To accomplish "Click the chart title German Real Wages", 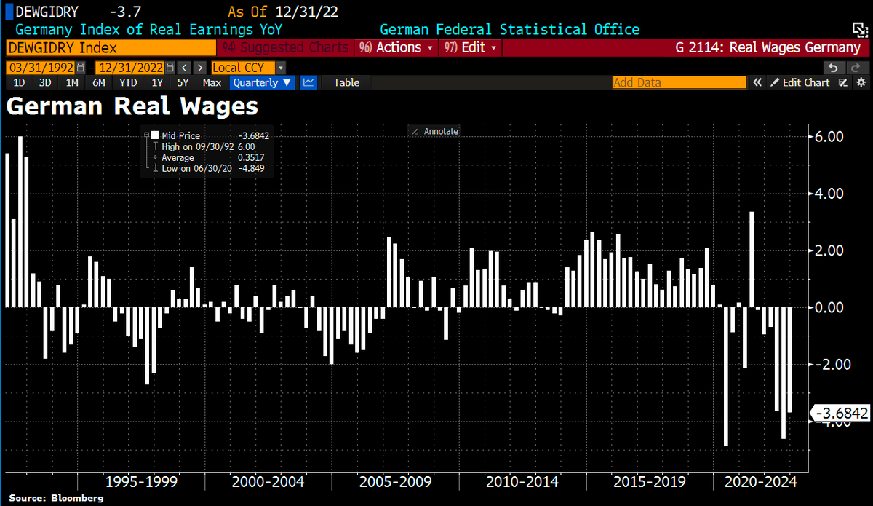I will [132, 107].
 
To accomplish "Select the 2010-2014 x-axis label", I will [522, 482].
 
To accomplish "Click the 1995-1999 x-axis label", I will [142, 482].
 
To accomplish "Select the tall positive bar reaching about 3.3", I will [752, 258].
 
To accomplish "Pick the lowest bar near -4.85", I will [726, 375].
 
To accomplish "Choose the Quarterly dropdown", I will [263, 82].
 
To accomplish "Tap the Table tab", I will [346, 82].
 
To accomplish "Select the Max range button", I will [212, 82].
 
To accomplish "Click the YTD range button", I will [128, 82].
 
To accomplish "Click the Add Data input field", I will [679, 82].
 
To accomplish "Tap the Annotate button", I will [435, 131].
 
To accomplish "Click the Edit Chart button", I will [800, 82].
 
